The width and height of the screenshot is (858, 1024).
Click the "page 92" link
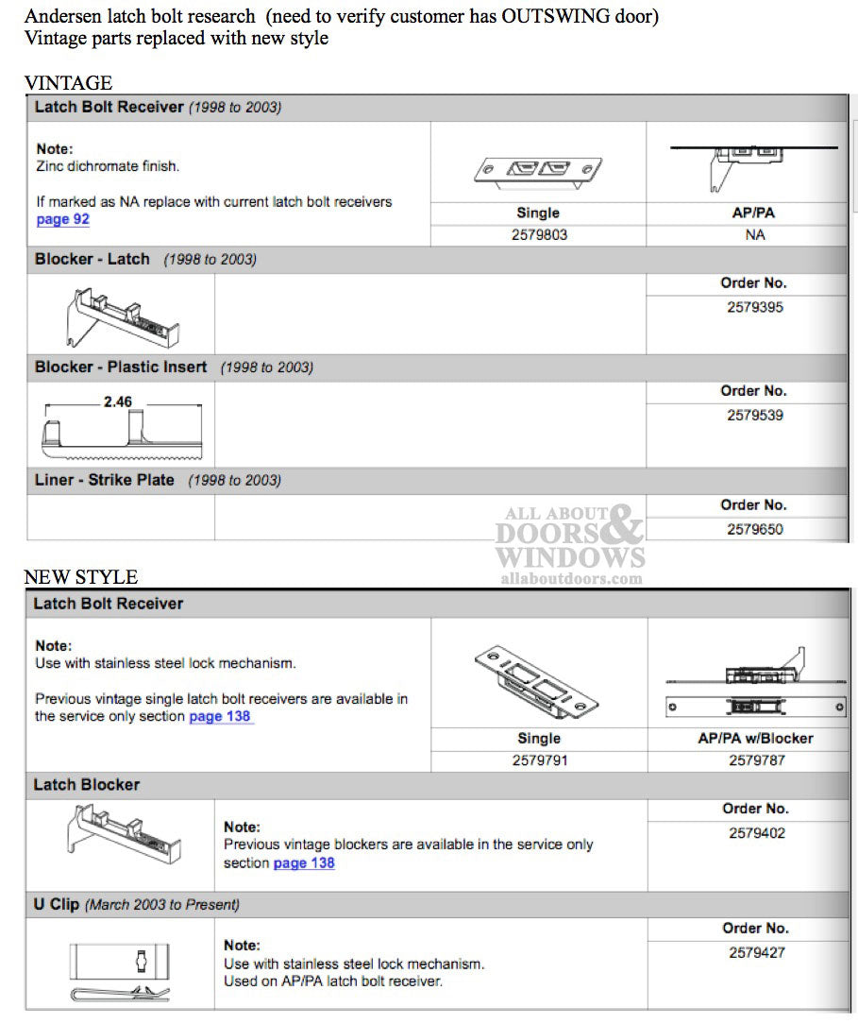pos(62,220)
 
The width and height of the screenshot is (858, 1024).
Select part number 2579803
pos(538,234)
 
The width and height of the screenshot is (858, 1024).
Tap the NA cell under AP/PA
pos(754,234)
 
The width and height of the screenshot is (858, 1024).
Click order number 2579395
pos(754,307)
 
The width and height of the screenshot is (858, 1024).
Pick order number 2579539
pos(754,415)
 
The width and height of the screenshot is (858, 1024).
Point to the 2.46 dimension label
pos(118,401)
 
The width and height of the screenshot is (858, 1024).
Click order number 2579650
pos(754,529)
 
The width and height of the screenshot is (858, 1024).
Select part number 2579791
pos(538,759)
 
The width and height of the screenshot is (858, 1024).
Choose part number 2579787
pos(755,759)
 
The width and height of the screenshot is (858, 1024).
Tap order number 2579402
pos(756,833)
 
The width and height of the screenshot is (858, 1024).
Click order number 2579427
pos(756,952)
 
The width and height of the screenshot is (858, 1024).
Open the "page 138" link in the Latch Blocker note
pos(304,862)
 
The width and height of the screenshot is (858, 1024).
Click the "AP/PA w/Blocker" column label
pos(755,739)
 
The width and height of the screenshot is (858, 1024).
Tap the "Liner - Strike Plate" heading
pos(105,480)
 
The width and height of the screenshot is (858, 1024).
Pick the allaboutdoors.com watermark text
pos(570,578)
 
